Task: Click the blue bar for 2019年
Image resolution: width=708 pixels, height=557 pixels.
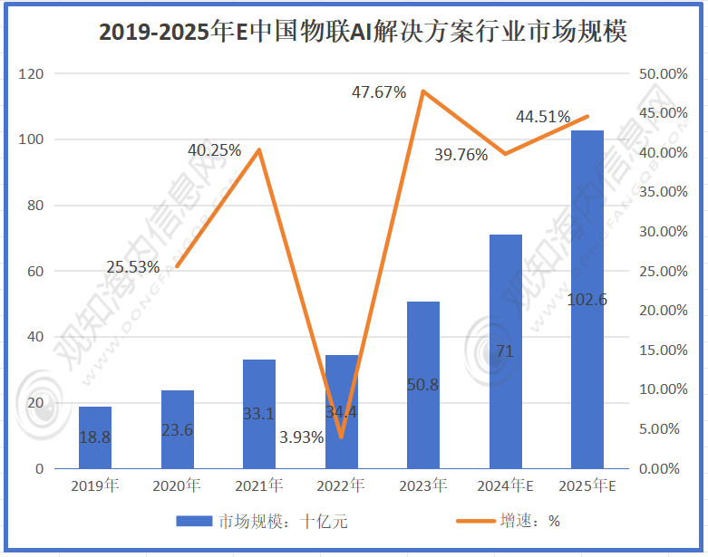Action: [95, 437]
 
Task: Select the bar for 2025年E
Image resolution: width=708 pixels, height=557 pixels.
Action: [587, 299]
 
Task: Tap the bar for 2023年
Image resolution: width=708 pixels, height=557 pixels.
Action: [423, 385]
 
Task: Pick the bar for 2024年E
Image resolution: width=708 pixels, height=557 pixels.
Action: [506, 351]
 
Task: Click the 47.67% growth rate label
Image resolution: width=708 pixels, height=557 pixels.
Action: [380, 92]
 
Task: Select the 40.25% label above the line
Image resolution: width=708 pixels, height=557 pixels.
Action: [215, 150]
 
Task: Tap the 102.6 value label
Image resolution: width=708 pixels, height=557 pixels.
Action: [587, 300]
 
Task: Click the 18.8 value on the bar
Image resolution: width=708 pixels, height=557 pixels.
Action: [95, 437]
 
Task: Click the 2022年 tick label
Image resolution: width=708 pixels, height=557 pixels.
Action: [341, 486]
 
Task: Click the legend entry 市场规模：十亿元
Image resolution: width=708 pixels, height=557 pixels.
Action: [261, 522]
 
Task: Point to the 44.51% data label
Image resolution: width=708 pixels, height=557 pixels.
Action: [543, 117]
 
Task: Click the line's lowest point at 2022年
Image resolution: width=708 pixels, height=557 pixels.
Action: [341, 437]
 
